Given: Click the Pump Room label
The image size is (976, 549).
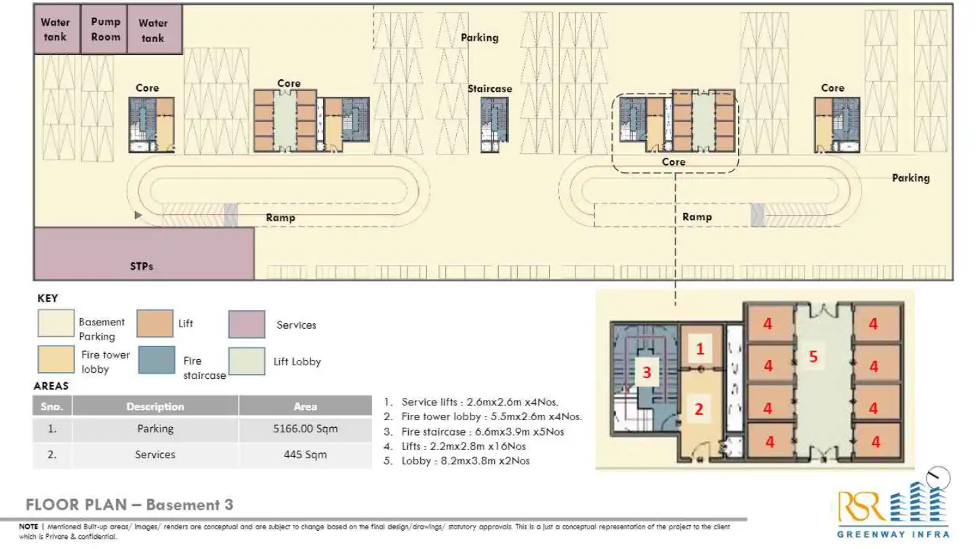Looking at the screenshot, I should pyautogui.click(x=105, y=29).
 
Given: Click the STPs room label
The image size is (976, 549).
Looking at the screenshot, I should pyautogui.click(x=141, y=266).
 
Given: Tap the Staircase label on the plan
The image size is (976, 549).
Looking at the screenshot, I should pyautogui.click(x=489, y=89).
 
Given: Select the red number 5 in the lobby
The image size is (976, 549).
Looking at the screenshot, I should pyautogui.click(x=813, y=357).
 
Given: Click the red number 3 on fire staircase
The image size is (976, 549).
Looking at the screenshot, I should pyautogui.click(x=647, y=371).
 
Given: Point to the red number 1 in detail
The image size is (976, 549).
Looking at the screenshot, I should pyautogui.click(x=700, y=349).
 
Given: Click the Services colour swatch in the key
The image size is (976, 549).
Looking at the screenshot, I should pyautogui.click(x=246, y=325).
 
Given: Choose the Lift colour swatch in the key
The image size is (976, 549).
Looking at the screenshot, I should pyautogui.click(x=154, y=324).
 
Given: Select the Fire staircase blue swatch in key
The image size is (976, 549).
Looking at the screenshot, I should pyautogui.click(x=157, y=361).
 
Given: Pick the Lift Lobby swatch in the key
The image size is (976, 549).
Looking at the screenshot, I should pyautogui.click(x=246, y=361).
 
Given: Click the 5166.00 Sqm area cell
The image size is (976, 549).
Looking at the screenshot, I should pyautogui.click(x=305, y=429).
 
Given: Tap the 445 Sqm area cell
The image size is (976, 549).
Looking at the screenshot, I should pyautogui.click(x=305, y=455).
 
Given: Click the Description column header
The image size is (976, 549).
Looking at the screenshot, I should pyautogui.click(x=155, y=407).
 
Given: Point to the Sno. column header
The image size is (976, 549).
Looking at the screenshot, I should pyautogui.click(x=52, y=407).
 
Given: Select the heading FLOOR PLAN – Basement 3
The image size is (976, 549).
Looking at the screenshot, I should pyautogui.click(x=129, y=505).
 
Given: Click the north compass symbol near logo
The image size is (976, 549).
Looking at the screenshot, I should pyautogui.click(x=939, y=478).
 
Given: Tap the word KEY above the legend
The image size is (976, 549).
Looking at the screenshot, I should pyautogui.click(x=47, y=298).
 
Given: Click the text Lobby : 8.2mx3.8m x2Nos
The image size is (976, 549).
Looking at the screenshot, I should pyautogui.click(x=465, y=461).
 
